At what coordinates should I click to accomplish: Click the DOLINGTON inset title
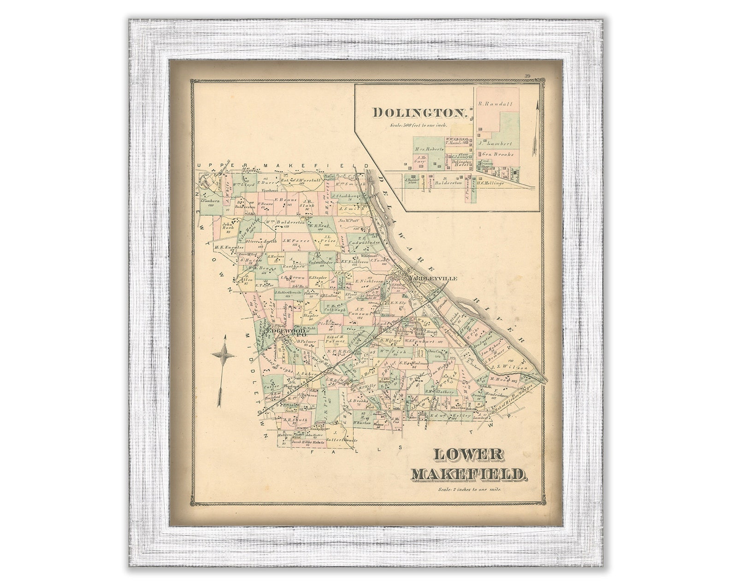pos(420,112)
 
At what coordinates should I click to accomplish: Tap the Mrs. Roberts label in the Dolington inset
pos(429,149)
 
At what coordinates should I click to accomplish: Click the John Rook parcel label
pos(228,227)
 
